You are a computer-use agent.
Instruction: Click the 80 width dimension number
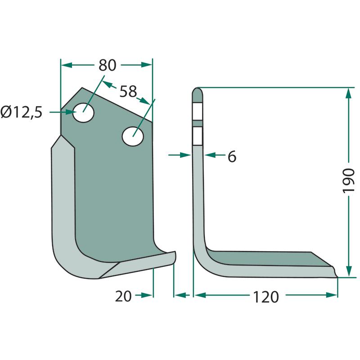tap(108, 65)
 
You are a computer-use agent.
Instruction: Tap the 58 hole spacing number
tap(128, 91)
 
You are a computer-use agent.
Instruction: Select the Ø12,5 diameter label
tap(22, 112)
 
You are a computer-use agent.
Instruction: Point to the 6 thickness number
tap(232, 157)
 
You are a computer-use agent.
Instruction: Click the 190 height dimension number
tap(348, 181)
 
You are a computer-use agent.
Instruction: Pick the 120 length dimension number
tap(266, 297)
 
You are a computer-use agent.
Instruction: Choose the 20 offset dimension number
tap(123, 296)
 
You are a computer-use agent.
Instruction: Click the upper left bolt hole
tap(83, 112)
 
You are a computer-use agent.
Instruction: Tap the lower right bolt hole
tap(133, 136)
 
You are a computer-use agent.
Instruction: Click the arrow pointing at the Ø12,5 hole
tap(63, 112)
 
